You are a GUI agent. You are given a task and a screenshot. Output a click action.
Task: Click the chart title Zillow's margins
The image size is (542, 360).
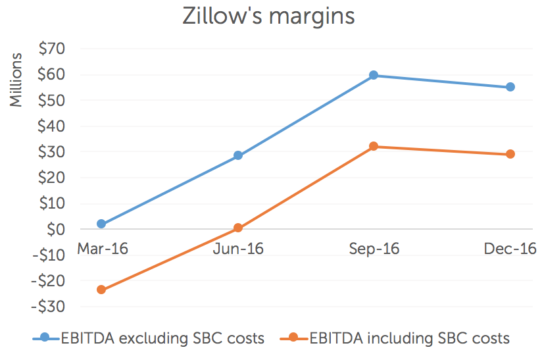[x=268, y=16]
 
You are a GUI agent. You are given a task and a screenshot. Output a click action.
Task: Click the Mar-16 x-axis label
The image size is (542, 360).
[x=102, y=249]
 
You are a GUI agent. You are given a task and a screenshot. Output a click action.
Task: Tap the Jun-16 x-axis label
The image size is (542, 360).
[x=237, y=249]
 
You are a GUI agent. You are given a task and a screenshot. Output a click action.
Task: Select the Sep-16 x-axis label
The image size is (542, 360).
[x=374, y=249]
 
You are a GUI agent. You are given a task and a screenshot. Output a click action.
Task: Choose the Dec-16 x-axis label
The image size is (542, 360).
[x=510, y=249]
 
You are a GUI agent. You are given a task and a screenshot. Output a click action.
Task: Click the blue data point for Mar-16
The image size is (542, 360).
[x=101, y=224]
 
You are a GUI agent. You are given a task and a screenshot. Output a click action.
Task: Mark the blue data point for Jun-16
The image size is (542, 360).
[x=238, y=156]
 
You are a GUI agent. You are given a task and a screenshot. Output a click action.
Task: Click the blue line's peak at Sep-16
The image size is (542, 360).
[x=374, y=75]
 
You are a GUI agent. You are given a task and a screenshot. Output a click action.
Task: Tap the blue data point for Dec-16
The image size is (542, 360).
[x=510, y=87]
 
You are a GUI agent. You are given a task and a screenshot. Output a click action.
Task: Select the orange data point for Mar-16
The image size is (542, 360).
[x=101, y=290]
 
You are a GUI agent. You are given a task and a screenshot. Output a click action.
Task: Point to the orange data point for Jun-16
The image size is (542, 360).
[x=238, y=228]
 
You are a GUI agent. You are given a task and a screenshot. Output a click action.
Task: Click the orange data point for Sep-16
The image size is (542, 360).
[x=374, y=146]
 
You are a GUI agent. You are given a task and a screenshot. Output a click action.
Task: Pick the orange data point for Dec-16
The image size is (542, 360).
[x=510, y=154]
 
